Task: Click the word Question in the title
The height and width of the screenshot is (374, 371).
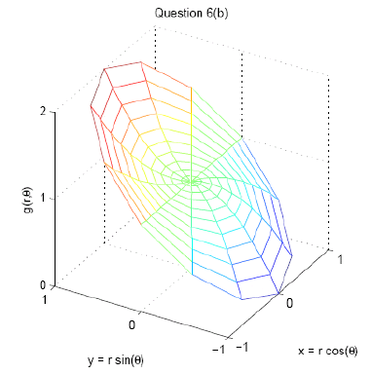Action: coord(177,13)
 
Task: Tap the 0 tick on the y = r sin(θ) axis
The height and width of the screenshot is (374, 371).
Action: coord(131,326)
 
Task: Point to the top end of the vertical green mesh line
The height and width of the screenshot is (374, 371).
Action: coord(191,88)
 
